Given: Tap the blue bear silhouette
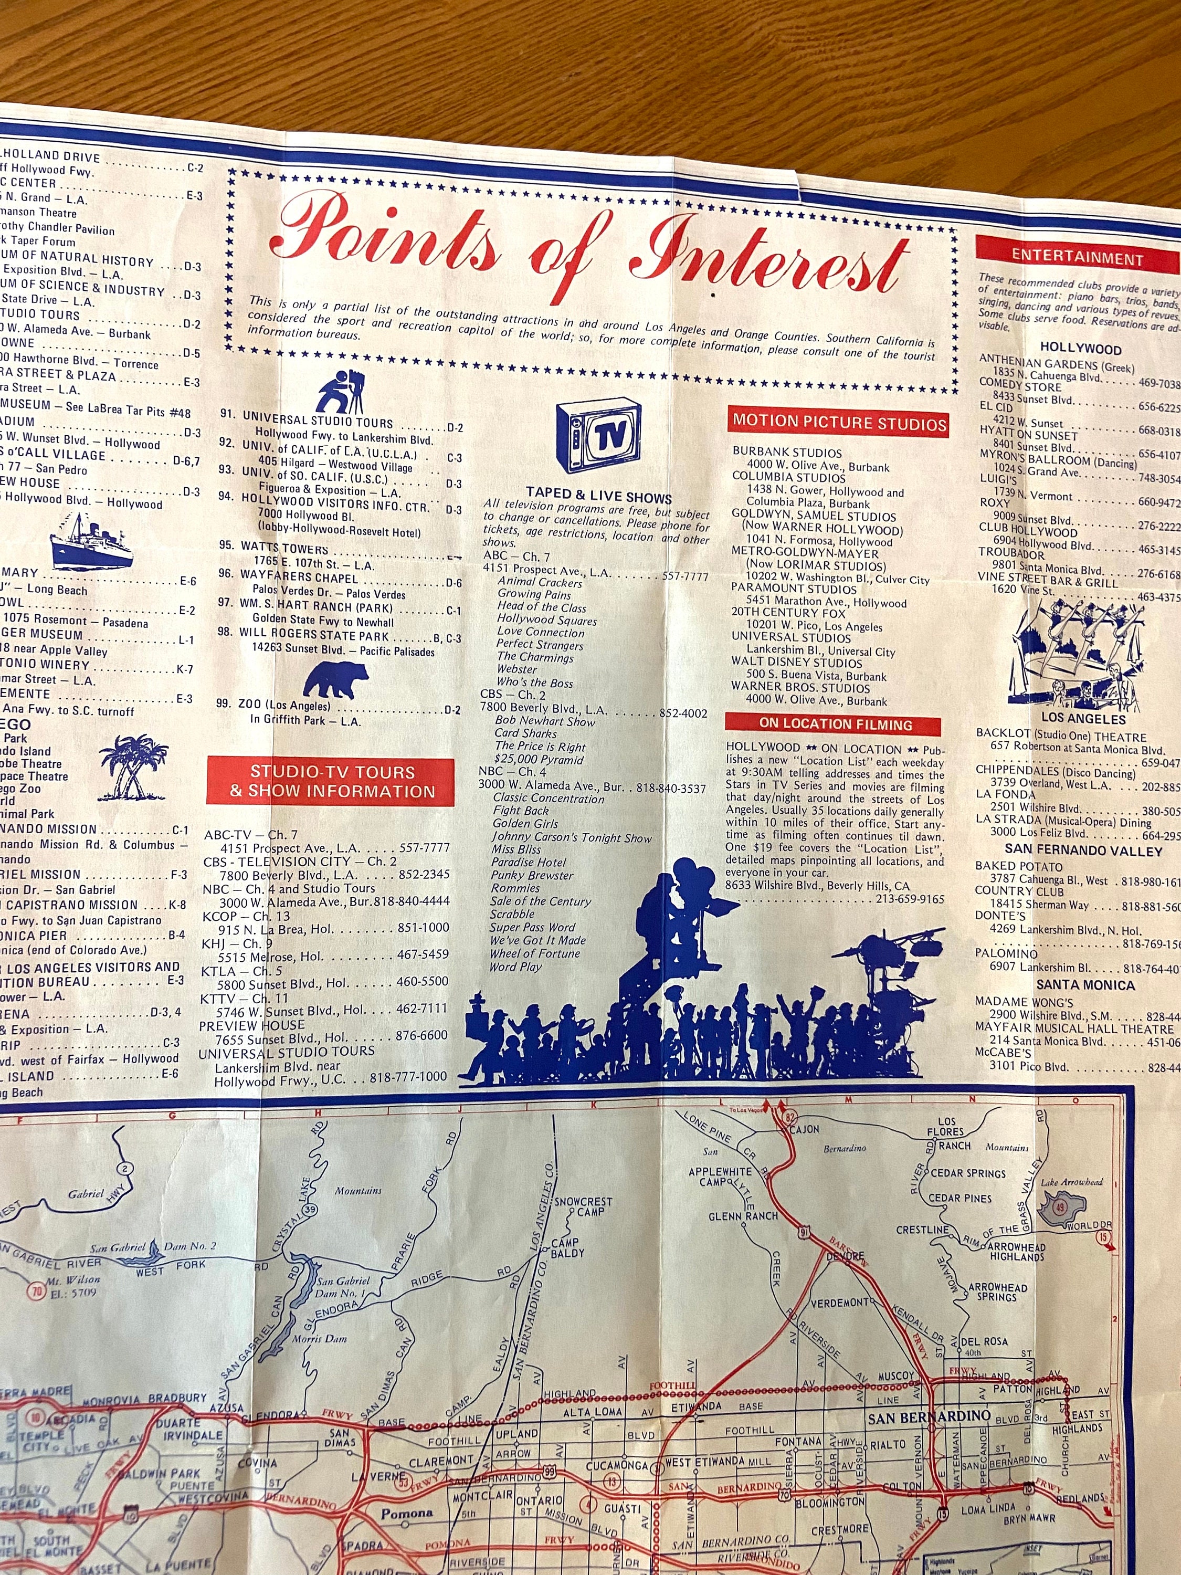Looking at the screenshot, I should point(336,679).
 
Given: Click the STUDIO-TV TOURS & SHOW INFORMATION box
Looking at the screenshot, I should point(330,782).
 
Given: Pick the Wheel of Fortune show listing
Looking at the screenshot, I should point(534,953).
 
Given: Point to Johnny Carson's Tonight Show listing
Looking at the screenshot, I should point(571,837).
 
